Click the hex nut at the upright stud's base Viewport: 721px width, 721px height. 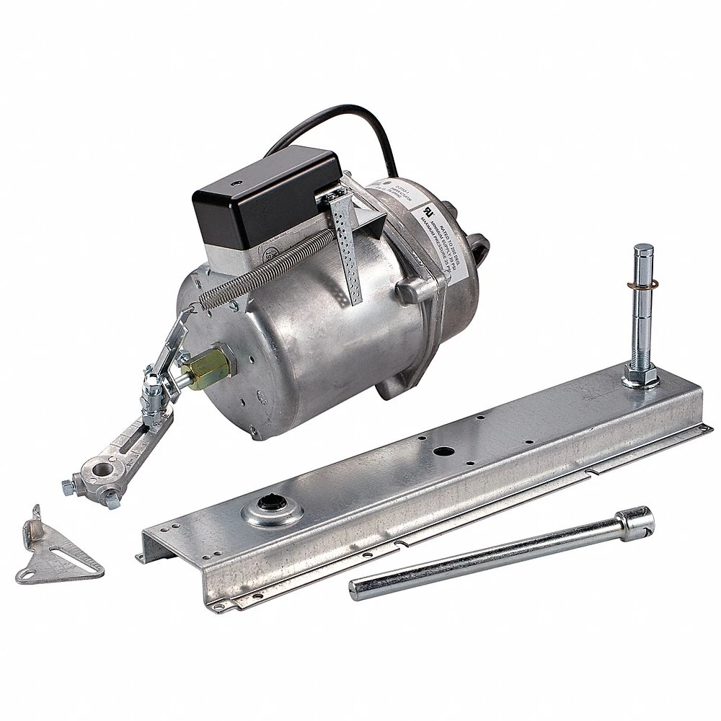640,376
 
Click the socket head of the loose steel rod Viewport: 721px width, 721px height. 634,521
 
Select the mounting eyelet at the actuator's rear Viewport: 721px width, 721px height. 479,249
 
